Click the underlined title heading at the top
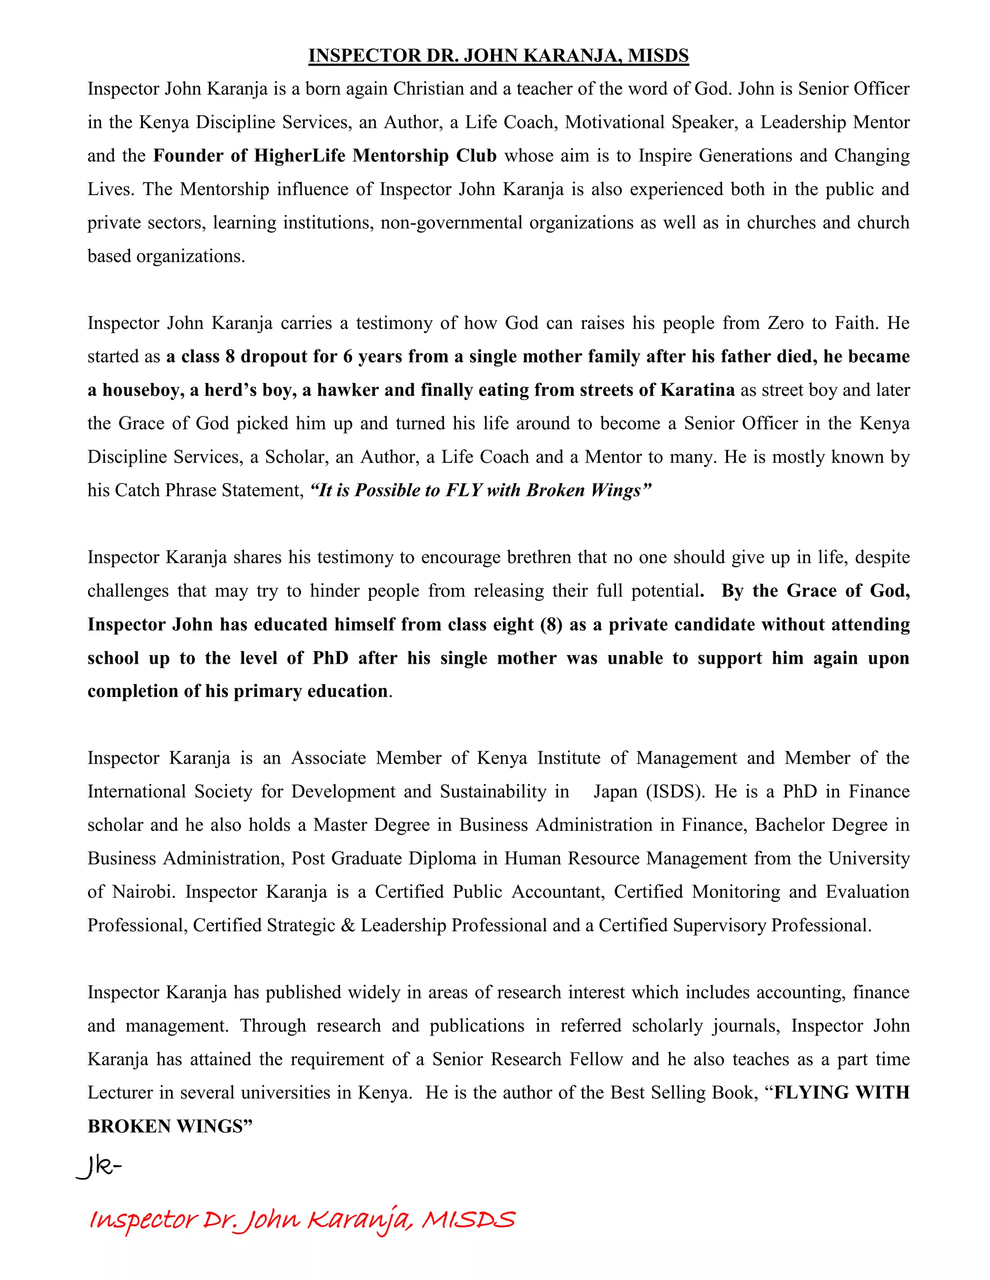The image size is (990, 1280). [x=498, y=56]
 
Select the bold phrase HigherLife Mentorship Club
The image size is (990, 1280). [x=375, y=156]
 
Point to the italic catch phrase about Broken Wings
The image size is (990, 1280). [x=480, y=491]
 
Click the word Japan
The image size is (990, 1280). [x=616, y=792]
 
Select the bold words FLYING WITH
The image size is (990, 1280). [x=842, y=1093]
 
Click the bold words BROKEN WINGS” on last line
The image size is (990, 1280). [x=170, y=1126]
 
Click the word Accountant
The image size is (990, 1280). [x=558, y=892]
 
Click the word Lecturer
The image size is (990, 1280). [x=121, y=1093]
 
